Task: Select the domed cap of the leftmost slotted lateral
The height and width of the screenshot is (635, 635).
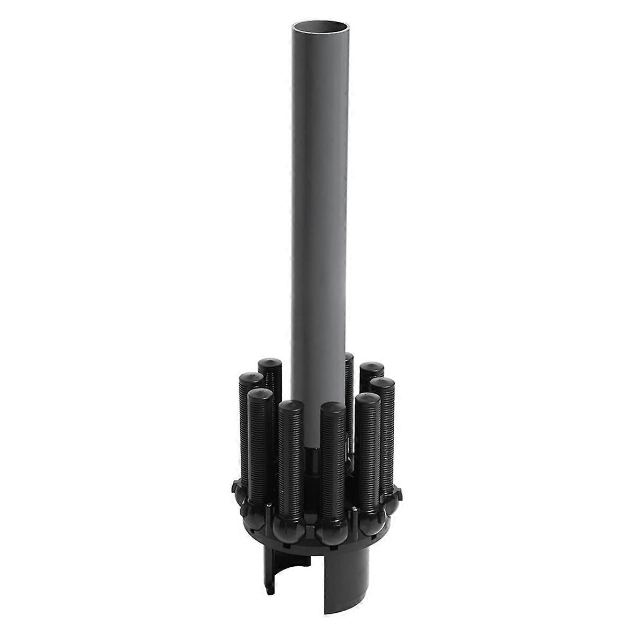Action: click(x=250, y=380)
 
